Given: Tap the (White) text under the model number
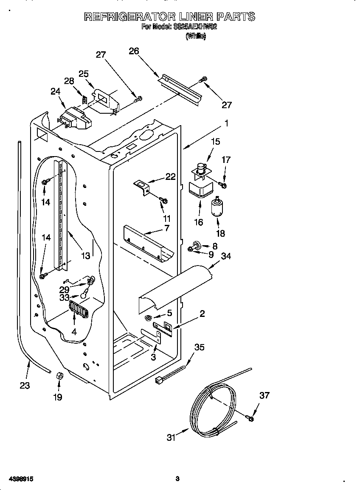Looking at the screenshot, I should [x=196, y=36].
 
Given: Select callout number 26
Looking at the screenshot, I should [x=134, y=51].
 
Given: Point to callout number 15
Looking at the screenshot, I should [x=216, y=142].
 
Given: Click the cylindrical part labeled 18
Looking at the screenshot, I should [x=218, y=208].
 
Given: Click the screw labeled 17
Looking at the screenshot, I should [x=222, y=185].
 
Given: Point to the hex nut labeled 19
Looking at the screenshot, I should [x=59, y=375].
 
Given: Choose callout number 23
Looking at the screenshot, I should [x=25, y=386].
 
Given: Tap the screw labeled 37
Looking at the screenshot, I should [x=250, y=419].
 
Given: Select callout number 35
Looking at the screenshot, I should [x=199, y=347].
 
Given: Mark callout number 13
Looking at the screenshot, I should [x=85, y=256].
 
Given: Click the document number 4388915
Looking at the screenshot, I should [x=17, y=479].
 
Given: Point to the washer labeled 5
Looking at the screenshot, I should [x=149, y=318].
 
